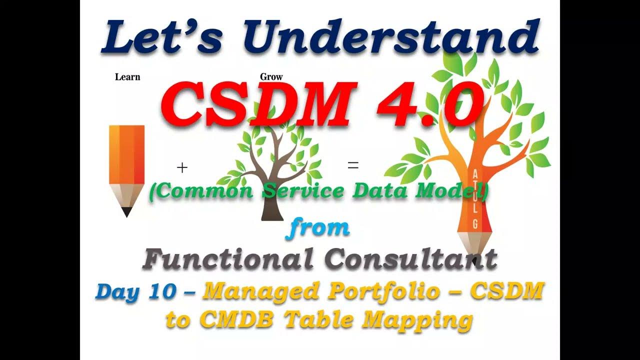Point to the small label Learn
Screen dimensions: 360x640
127,77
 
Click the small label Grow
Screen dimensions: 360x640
271,77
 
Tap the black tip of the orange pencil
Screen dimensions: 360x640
127,212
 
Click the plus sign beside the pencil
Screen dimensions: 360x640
182,168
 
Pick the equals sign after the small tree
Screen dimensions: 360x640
353,166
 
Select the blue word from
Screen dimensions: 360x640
318,227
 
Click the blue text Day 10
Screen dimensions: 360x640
135,291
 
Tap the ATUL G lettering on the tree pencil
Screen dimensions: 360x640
474,197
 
